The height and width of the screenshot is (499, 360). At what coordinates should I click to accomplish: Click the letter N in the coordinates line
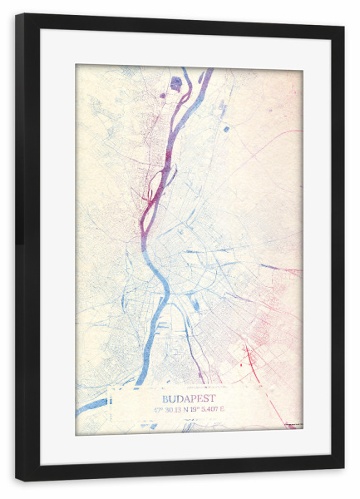tap(187, 409)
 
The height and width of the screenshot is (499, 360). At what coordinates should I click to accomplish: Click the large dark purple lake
tap(175, 82)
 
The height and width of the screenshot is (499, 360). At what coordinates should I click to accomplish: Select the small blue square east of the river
tap(226, 128)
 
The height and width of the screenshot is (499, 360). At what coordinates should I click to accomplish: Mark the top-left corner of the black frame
tap(17, 15)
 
